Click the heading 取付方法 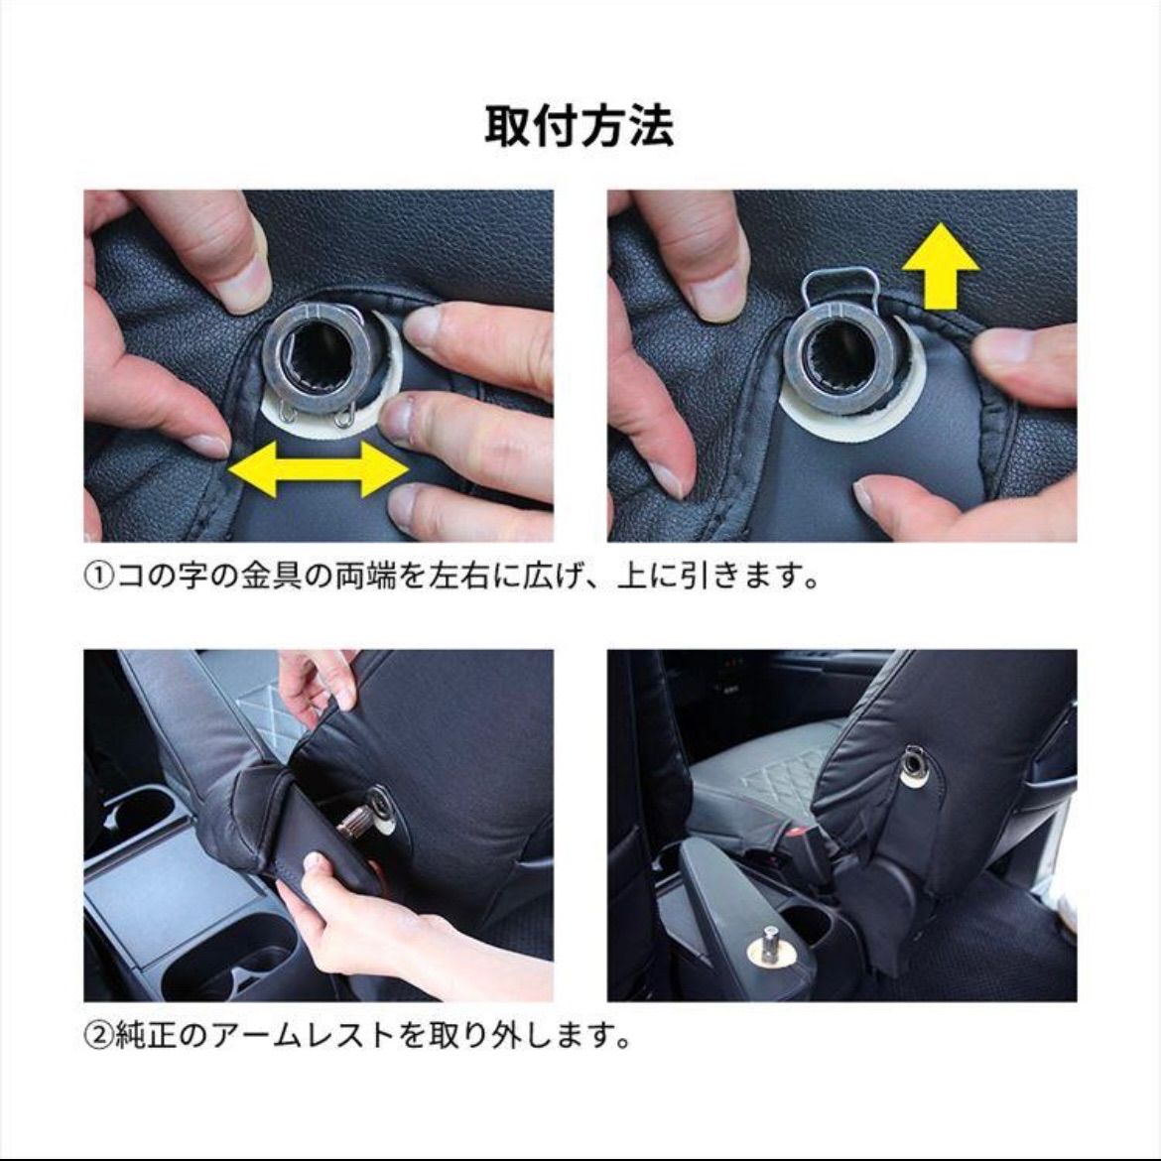580,127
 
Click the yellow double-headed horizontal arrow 319,469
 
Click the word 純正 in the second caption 146,1036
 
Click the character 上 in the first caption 631,576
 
